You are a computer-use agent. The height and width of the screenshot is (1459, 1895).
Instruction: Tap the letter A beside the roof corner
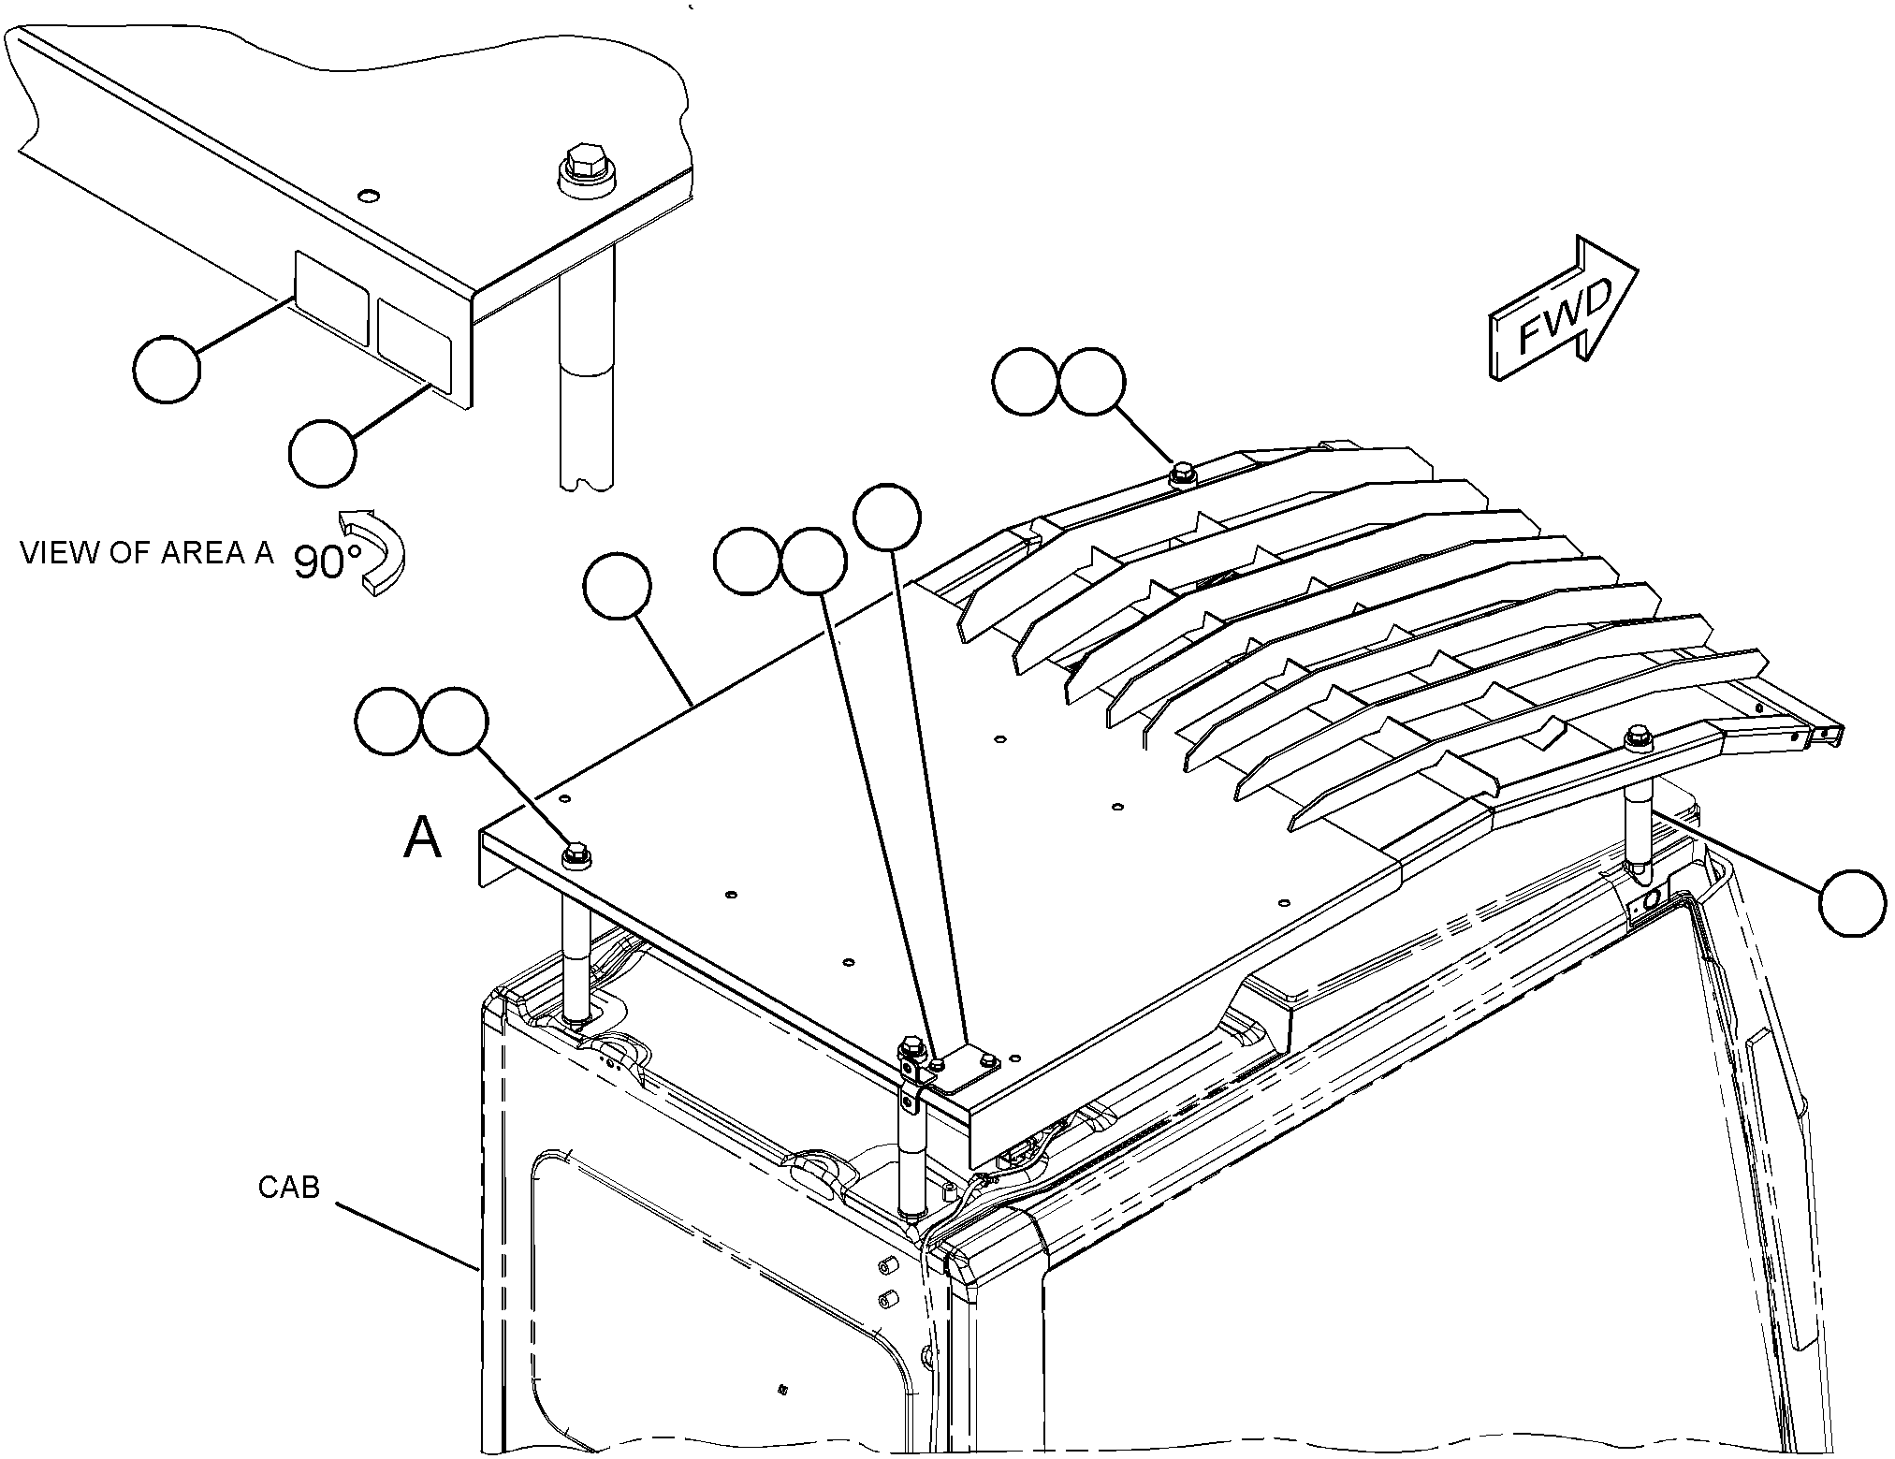pyautogui.click(x=422, y=837)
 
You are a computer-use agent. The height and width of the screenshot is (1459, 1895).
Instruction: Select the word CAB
pyautogui.click(x=288, y=1188)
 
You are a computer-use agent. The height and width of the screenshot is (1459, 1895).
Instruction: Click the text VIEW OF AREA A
pyautogui.click(x=147, y=553)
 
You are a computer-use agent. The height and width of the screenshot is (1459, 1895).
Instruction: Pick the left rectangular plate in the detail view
pyautogui.click(x=331, y=310)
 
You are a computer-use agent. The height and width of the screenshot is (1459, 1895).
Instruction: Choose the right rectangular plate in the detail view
pyautogui.click(x=415, y=342)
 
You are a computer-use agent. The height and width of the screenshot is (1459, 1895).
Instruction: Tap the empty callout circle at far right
pyautogui.click(x=1853, y=902)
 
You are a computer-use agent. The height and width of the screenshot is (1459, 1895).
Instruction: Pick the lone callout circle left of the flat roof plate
pyautogui.click(x=617, y=587)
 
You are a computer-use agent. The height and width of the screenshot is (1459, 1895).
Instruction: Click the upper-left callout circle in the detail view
pyautogui.click(x=168, y=370)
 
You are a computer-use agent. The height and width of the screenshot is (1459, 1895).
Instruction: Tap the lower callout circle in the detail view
pyautogui.click(x=323, y=453)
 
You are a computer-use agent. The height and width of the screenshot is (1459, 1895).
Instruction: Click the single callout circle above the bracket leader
pyautogui.click(x=888, y=517)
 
